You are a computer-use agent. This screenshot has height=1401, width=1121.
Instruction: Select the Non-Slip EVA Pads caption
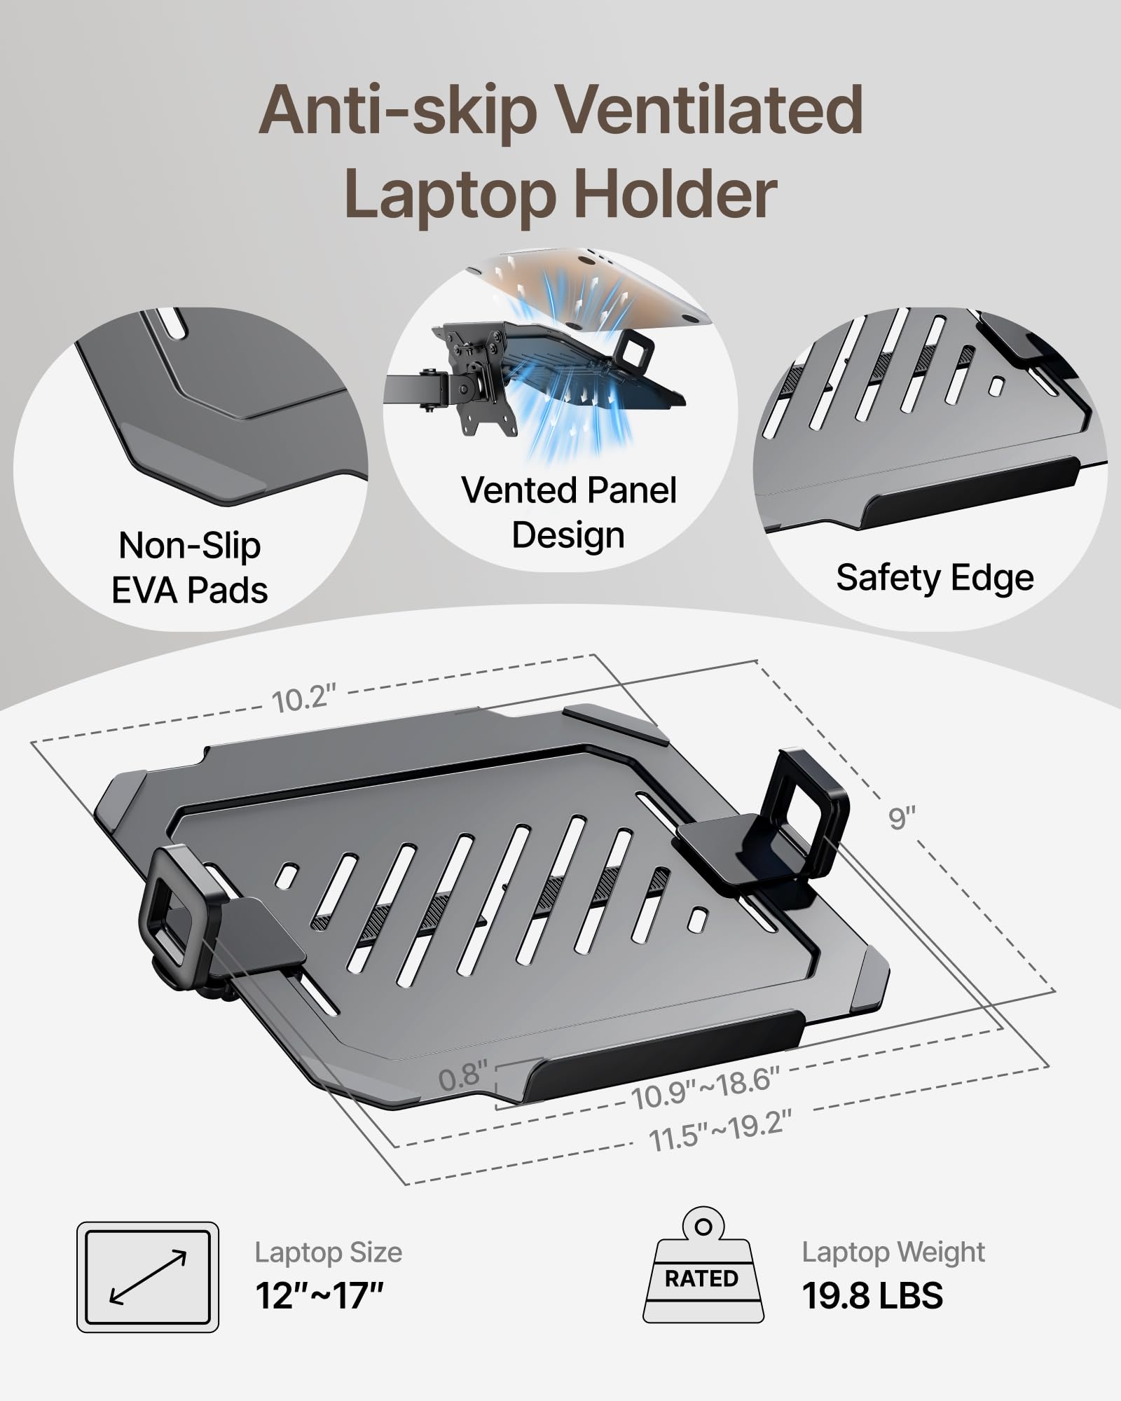(x=190, y=567)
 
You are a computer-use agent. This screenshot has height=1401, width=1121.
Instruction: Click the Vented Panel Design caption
(x=568, y=512)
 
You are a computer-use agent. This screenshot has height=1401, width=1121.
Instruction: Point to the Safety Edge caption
(x=935, y=578)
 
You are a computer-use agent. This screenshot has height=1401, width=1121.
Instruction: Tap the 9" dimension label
(x=902, y=817)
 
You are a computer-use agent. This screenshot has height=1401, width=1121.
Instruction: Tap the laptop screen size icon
(x=148, y=1277)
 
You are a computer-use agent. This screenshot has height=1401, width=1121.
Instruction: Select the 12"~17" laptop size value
(x=319, y=1295)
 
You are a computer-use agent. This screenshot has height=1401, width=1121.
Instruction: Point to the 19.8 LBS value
(x=872, y=1295)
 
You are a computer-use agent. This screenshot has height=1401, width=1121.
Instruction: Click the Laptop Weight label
(x=893, y=1252)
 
